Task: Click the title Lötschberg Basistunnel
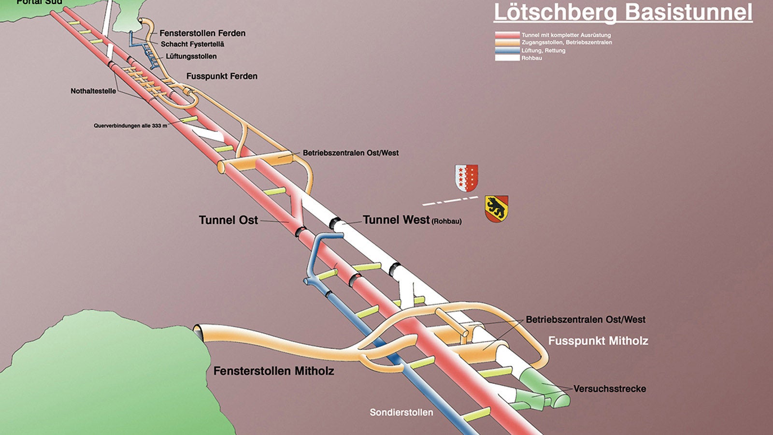[623, 12]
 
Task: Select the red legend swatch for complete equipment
[507, 35]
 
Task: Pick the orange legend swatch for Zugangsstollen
[507, 43]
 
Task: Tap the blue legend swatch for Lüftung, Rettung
[507, 50]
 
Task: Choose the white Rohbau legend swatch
[507, 58]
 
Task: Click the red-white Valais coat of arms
[466, 178]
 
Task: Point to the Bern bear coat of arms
[497, 209]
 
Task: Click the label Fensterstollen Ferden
[202, 33]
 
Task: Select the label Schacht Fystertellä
[192, 44]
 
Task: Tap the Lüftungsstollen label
[191, 57]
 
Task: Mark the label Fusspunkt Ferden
[222, 76]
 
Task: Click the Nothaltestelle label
[93, 91]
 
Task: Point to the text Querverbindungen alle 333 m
[130, 126]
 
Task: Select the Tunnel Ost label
[228, 220]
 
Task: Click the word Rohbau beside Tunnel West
[446, 222]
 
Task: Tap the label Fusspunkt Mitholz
[598, 341]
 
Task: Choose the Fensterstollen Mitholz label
[273, 371]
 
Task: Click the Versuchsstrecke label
[610, 389]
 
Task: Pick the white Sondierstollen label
[401, 412]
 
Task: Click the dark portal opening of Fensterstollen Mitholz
[198, 331]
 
